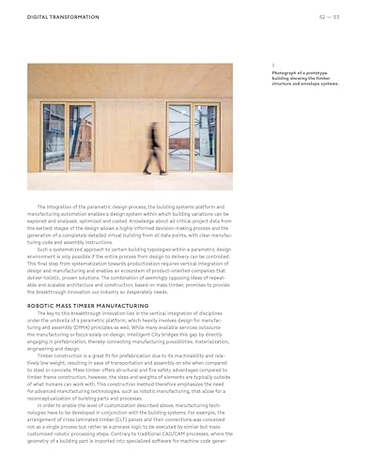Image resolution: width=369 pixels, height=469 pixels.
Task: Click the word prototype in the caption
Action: coord(311,71)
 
